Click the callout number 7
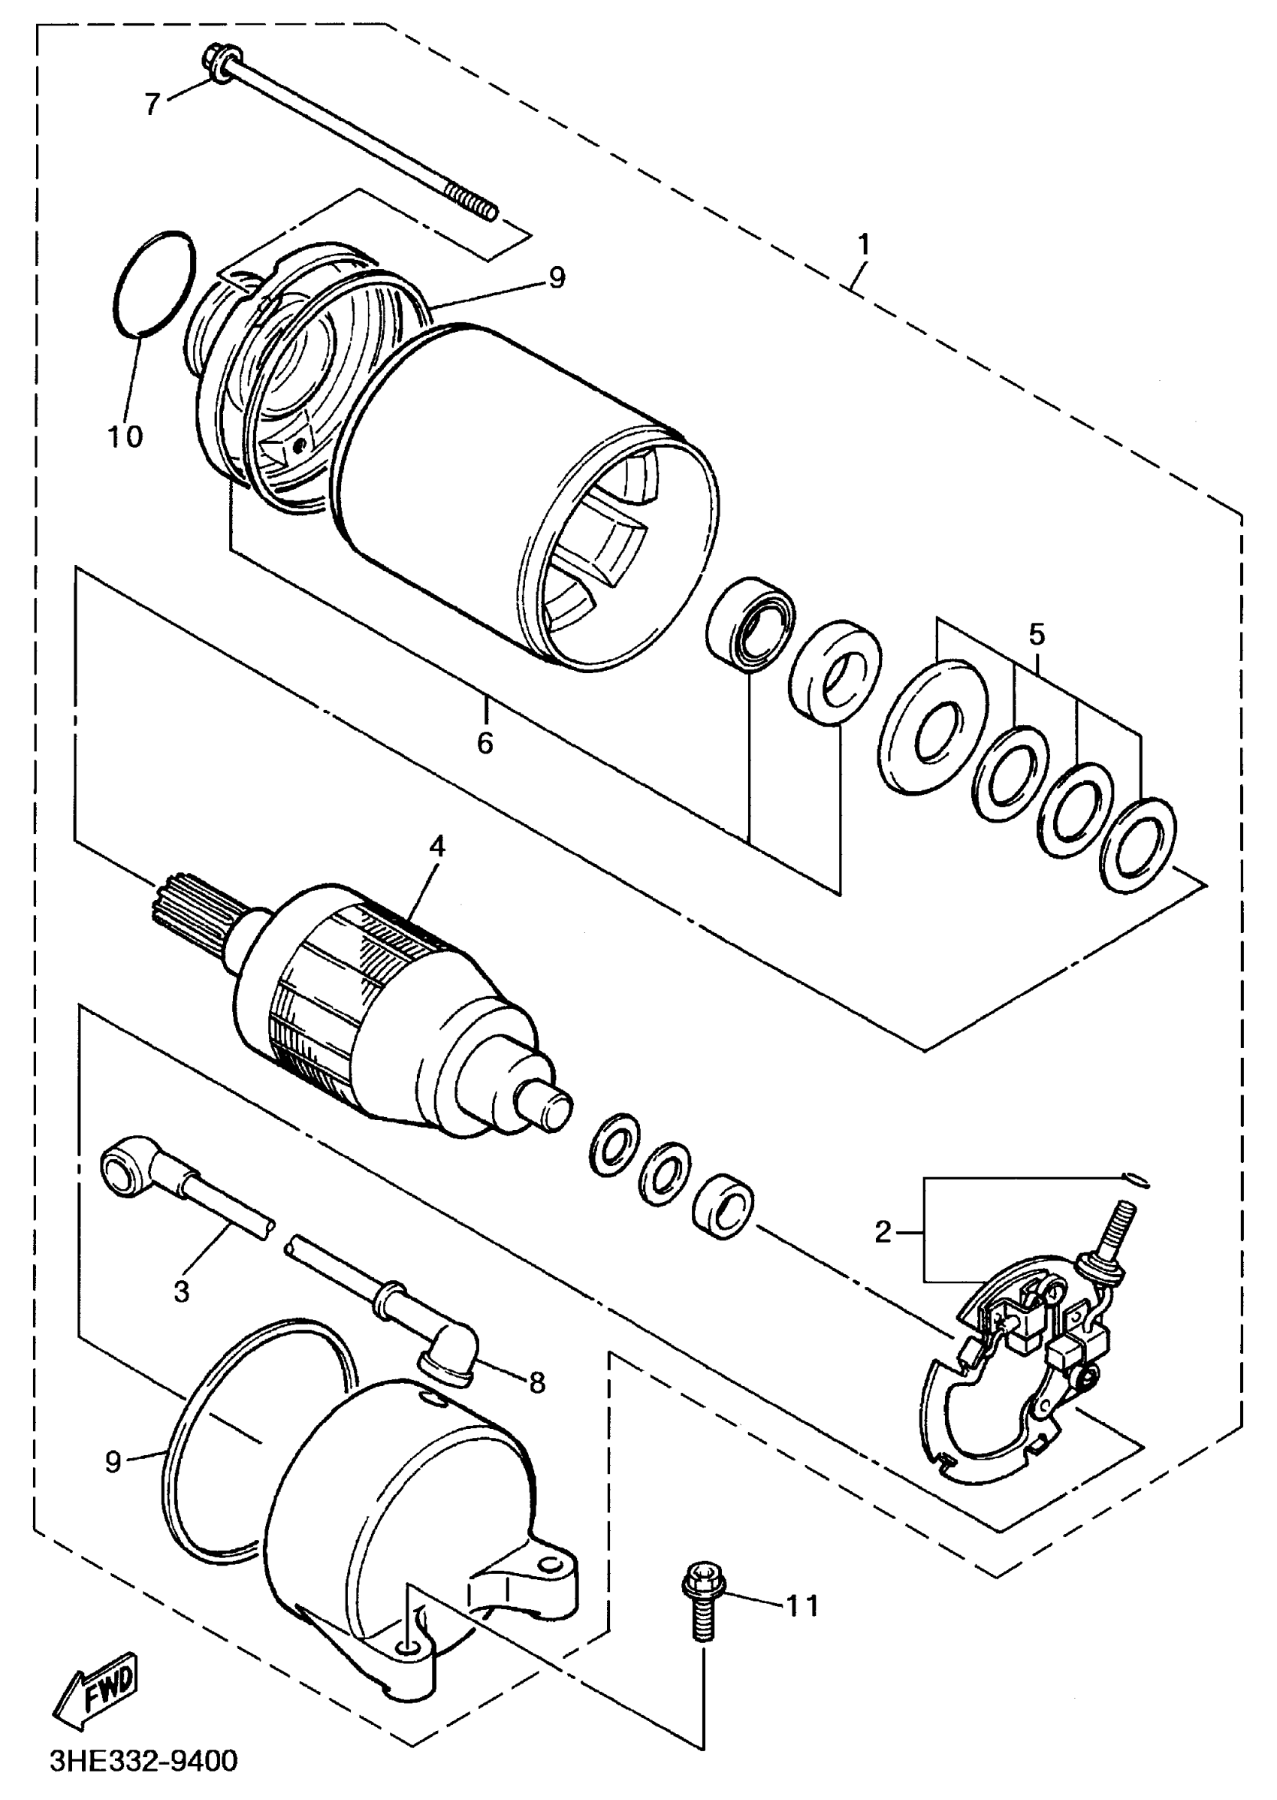(152, 103)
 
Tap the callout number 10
(125, 436)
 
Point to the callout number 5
(1037, 633)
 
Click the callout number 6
(485, 741)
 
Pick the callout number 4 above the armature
(437, 847)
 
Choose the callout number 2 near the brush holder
(884, 1232)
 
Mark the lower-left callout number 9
(113, 1461)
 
